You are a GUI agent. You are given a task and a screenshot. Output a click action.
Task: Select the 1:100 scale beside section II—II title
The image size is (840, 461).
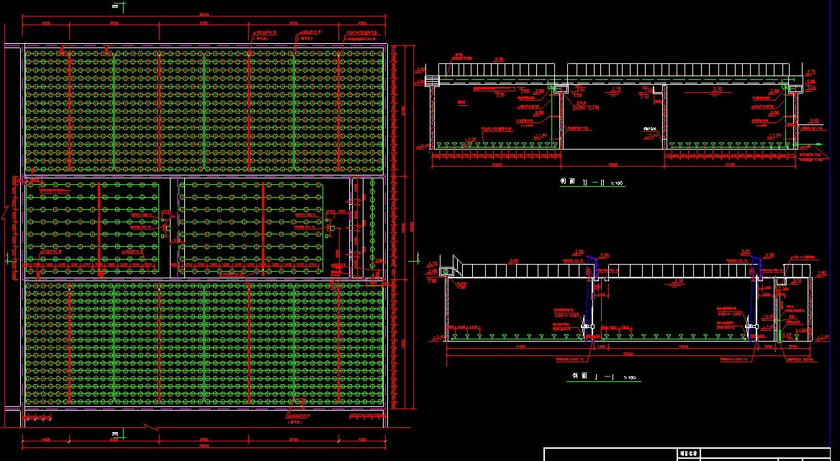(x=618, y=184)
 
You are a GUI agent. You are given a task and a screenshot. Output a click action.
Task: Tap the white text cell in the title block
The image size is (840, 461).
(x=689, y=454)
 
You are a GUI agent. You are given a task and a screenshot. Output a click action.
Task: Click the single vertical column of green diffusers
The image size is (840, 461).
(x=372, y=226)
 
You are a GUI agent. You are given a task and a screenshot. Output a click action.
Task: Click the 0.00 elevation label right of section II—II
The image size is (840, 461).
(x=815, y=121)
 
